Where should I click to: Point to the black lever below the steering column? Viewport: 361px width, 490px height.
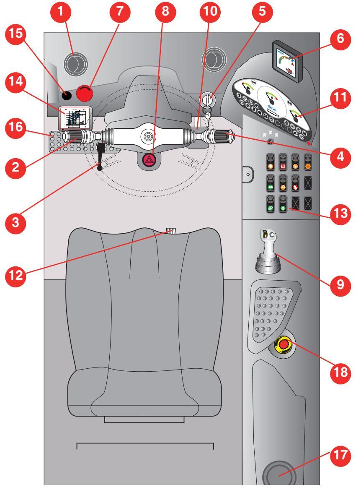tap(101, 156)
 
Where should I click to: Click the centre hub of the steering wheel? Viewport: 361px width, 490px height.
tap(148, 136)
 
